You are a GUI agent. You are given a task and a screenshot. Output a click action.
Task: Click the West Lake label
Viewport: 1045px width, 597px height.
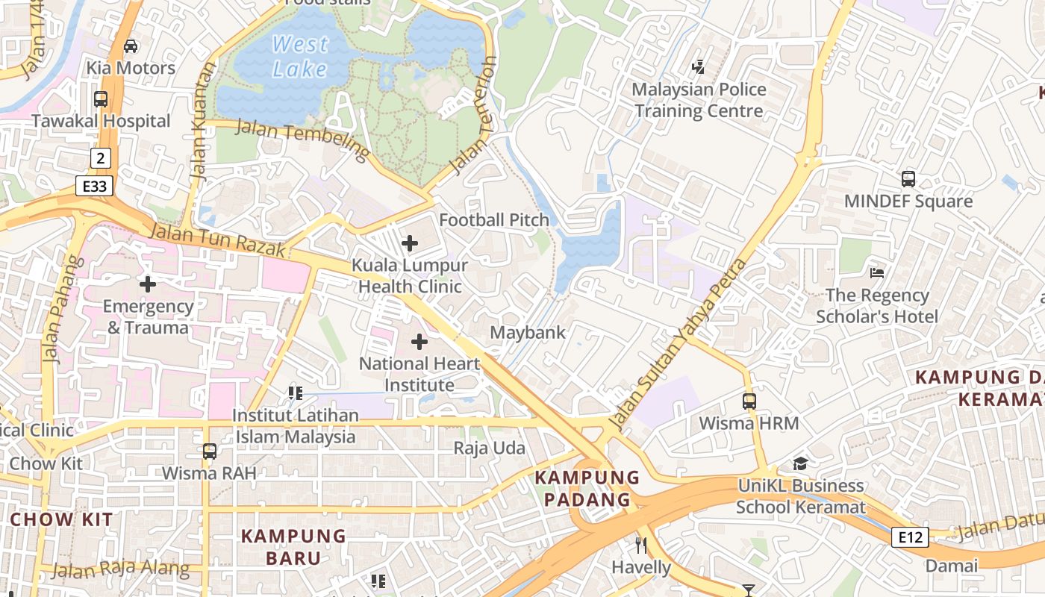coord(300,57)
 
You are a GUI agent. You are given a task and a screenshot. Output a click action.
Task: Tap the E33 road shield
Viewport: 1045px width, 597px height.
coord(94,186)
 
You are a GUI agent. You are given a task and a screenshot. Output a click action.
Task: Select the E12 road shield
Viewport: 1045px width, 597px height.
coord(911,537)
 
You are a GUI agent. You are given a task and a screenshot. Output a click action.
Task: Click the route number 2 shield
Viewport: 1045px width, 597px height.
coord(101,157)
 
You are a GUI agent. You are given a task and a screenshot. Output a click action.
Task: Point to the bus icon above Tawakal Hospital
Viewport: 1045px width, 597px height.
coord(101,99)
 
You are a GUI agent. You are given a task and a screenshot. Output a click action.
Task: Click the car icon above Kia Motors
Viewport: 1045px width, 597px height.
coord(131,46)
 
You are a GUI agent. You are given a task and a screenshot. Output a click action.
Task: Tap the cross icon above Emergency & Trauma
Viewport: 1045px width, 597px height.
coord(148,284)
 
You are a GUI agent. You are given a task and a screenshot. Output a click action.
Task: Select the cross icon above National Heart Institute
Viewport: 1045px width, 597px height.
coord(419,342)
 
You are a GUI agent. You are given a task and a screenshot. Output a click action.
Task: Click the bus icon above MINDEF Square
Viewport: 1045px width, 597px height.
coord(908,179)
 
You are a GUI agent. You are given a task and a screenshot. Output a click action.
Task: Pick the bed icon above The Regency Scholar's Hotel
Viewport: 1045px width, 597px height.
coord(877,273)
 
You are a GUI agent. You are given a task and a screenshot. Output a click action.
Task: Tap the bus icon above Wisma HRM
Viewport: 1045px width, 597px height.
coord(749,401)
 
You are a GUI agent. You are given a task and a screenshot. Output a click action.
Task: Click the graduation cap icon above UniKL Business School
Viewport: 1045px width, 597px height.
coord(800,463)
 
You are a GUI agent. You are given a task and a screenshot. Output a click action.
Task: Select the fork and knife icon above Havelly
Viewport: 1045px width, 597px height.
coord(640,545)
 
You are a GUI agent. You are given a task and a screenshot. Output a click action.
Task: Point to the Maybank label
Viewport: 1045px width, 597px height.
coord(528,333)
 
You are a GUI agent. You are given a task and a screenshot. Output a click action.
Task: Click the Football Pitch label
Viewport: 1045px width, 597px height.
coord(494,220)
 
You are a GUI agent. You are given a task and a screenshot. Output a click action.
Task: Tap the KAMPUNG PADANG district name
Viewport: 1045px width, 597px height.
coord(588,488)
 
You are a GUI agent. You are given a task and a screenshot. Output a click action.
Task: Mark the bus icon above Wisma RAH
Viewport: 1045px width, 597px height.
coord(210,451)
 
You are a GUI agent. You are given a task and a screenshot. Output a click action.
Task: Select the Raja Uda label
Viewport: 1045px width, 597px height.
coord(490,448)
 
